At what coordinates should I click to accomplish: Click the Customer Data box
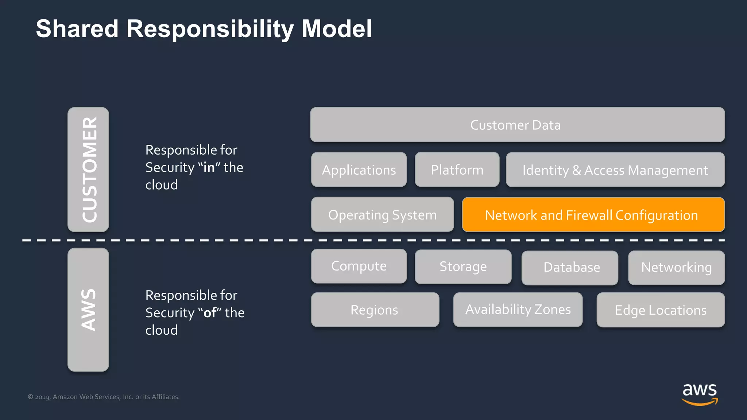point(517,125)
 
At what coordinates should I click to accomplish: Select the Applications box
point(359,170)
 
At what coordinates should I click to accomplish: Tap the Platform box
point(457,170)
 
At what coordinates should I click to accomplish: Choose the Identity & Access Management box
point(615,170)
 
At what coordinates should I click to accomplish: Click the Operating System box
point(382,215)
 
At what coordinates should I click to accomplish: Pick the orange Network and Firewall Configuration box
point(593,215)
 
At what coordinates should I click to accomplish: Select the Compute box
point(359,266)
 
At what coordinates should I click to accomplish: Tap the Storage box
point(463,267)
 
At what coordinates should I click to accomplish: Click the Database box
point(570,268)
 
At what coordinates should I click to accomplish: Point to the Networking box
point(676,268)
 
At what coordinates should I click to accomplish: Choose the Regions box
point(375,310)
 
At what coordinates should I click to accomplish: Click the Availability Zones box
point(518,310)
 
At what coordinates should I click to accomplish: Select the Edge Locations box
point(661,310)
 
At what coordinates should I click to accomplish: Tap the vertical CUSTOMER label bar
point(88,170)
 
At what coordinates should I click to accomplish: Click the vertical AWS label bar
point(88,310)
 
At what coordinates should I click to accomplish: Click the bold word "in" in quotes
point(209,167)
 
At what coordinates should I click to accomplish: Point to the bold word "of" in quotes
point(210,313)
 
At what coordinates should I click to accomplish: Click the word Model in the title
point(337,29)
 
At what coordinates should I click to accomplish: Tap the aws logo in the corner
point(700,394)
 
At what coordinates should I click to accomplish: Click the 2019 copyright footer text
point(104,397)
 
